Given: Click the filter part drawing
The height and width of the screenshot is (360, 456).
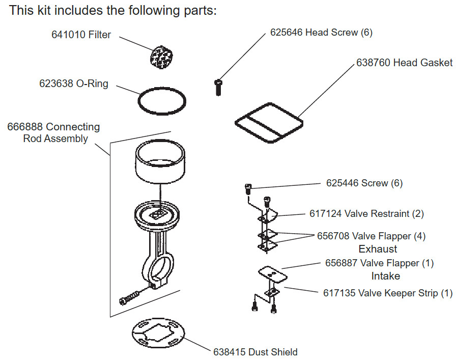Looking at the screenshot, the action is (x=161, y=57).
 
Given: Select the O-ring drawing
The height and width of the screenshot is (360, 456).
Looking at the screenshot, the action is (x=139, y=101).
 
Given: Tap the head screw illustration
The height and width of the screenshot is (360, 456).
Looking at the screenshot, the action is (x=218, y=87).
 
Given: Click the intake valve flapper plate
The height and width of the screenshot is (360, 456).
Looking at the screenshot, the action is (x=273, y=274).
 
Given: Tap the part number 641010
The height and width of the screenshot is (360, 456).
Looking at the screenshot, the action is (x=68, y=35).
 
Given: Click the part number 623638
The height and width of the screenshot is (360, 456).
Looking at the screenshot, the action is (x=56, y=84).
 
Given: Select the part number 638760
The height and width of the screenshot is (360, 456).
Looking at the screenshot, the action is (x=374, y=63).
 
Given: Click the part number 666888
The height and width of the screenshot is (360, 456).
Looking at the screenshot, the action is (x=25, y=127).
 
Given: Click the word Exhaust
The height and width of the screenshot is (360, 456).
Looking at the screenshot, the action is (x=378, y=249).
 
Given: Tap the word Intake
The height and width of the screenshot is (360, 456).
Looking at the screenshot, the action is (x=386, y=276).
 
